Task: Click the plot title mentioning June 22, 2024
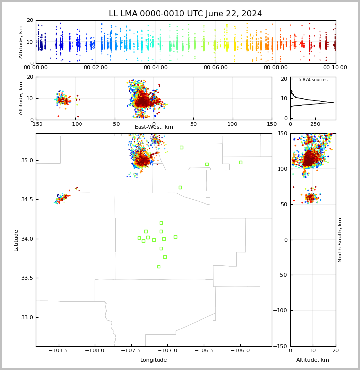(185, 14)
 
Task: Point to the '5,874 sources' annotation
(313, 80)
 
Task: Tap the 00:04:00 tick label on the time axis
(156, 67)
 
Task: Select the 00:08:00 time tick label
(276, 67)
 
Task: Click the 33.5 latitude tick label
(27, 278)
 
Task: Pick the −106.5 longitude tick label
(204, 350)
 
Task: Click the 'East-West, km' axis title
(154, 127)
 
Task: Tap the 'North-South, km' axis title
(340, 240)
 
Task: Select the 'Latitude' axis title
(16, 241)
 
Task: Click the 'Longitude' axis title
(154, 360)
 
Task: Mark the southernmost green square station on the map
(159, 267)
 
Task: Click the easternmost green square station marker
(240, 163)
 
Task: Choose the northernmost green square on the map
(181, 148)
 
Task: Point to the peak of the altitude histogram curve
(333, 103)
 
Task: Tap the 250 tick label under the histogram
(315, 124)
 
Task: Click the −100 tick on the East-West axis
(75, 124)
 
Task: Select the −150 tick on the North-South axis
(280, 346)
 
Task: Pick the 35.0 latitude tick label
(27, 160)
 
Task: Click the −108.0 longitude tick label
(95, 350)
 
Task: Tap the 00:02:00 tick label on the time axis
(96, 67)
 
